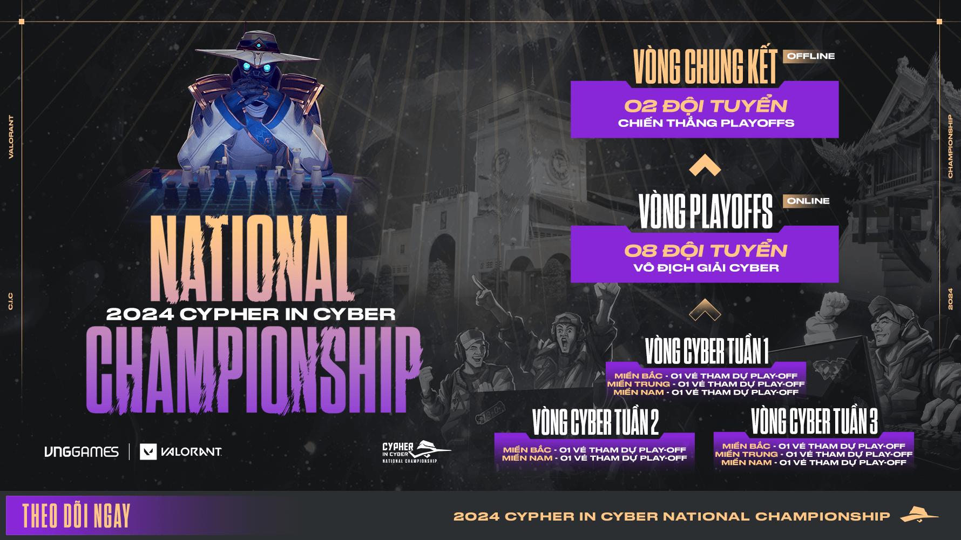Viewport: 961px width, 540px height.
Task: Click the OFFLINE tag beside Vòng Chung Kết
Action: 810,56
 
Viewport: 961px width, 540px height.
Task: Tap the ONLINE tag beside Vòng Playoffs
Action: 808,201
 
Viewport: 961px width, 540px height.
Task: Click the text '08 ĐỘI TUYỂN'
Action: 706,249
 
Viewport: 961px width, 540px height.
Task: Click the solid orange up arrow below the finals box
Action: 705,165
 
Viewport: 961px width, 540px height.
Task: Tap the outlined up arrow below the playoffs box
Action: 705,310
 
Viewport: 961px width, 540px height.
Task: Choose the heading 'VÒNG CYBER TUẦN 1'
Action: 706,350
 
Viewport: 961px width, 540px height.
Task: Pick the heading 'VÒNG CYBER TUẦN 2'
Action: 595,422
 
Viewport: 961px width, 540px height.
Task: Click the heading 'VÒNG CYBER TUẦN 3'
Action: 814,421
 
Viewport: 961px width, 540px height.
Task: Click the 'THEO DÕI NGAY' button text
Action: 76,516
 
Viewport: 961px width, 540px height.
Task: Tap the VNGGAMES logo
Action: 82,451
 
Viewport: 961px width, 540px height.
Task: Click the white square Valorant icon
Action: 148,451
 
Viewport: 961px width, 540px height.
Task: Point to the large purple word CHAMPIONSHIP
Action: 254,370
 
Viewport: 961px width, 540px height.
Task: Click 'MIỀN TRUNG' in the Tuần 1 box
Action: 638,384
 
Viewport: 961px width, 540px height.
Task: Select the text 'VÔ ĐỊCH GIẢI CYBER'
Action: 706,267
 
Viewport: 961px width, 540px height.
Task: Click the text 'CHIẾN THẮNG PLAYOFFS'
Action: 706,123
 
